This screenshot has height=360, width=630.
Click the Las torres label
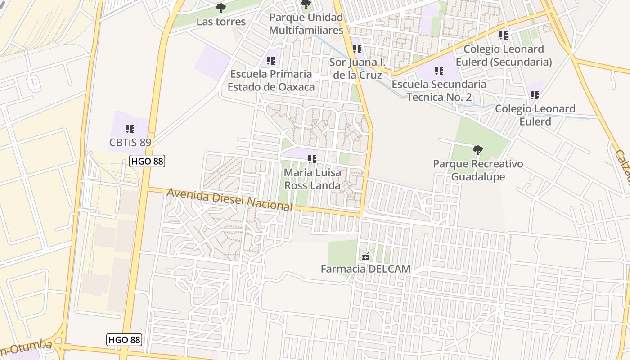(221, 22)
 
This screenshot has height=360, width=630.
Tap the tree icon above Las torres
(220, 8)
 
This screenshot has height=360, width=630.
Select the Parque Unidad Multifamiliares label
(306, 24)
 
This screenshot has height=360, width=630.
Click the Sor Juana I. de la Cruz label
(358, 68)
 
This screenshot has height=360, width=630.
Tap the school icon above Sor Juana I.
(357, 48)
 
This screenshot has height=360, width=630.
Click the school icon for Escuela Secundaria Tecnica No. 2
(439, 71)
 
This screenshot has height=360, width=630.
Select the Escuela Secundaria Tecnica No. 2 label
(439, 90)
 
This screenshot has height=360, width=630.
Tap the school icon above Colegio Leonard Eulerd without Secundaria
(535, 95)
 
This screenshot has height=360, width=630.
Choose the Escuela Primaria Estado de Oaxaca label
(271, 80)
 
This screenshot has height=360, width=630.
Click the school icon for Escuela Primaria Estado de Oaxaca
(270, 60)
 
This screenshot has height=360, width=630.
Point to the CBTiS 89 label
(130, 143)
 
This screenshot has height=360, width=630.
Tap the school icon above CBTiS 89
(130, 129)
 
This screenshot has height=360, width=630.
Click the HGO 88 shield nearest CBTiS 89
(147, 161)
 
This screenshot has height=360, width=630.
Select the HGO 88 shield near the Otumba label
(124, 340)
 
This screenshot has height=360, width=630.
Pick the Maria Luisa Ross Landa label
(313, 179)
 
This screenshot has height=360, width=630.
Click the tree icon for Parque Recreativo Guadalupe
(478, 150)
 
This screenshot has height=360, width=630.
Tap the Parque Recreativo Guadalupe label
(478, 170)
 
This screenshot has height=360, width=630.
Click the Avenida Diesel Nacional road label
(229, 200)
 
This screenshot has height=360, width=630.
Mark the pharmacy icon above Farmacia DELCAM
(366, 256)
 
